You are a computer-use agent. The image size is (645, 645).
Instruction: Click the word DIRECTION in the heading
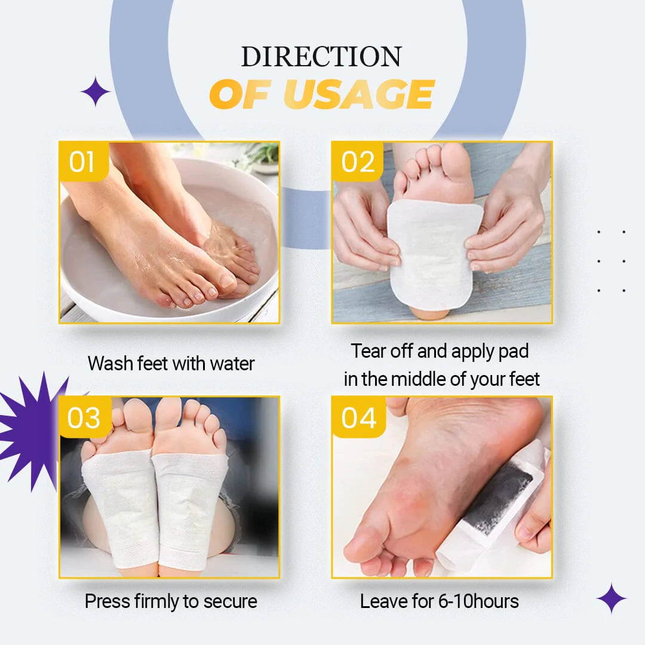pyautogui.click(x=321, y=56)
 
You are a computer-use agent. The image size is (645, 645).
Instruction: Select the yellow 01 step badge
pyautogui.click(x=84, y=161)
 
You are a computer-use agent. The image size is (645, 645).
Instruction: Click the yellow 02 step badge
pyautogui.click(x=357, y=161)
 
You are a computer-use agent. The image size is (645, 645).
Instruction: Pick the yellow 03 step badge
pyautogui.click(x=85, y=417)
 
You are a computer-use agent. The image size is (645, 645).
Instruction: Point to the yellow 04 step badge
pyautogui.click(x=359, y=417)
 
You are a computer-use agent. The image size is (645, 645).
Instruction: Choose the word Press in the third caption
pyautogui.click(x=107, y=601)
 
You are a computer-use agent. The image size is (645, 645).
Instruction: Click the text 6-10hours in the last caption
pyautogui.click(x=478, y=601)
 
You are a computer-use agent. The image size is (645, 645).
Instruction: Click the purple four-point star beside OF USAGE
pyautogui.click(x=96, y=91)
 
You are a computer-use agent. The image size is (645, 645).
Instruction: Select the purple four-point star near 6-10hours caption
pyautogui.click(x=612, y=598)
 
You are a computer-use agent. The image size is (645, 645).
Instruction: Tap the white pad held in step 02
pyautogui.click(x=434, y=255)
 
